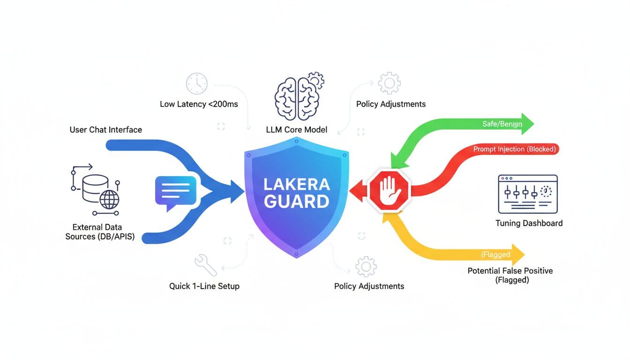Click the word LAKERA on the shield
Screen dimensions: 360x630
[x=297, y=183]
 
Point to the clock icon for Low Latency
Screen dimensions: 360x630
[x=196, y=83]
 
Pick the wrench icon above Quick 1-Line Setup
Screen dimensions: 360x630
[x=205, y=265]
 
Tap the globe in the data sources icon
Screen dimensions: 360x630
[x=109, y=199]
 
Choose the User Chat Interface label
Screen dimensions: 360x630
[x=105, y=129]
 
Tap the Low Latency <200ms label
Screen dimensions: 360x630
[x=199, y=104]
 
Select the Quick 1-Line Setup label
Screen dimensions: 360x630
[x=204, y=285]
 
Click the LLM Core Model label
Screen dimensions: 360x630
[x=296, y=129]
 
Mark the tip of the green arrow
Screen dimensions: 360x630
[x=533, y=124]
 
